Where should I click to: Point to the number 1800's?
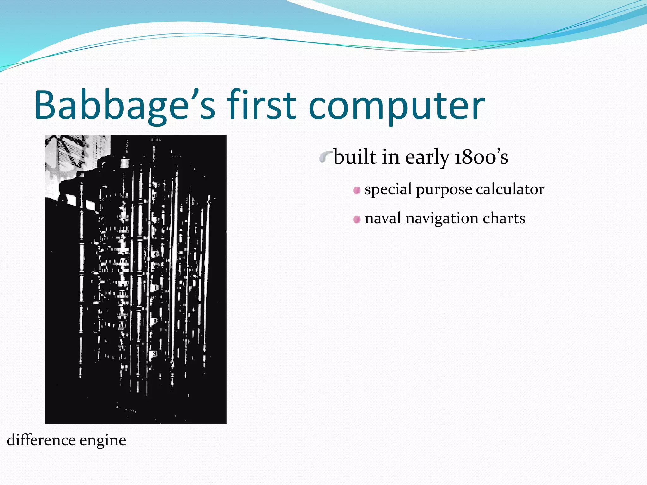click(x=481, y=157)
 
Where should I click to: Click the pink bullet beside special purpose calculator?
click(x=357, y=190)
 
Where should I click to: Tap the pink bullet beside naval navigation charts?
click(x=357, y=219)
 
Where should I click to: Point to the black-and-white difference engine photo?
click(x=136, y=279)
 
